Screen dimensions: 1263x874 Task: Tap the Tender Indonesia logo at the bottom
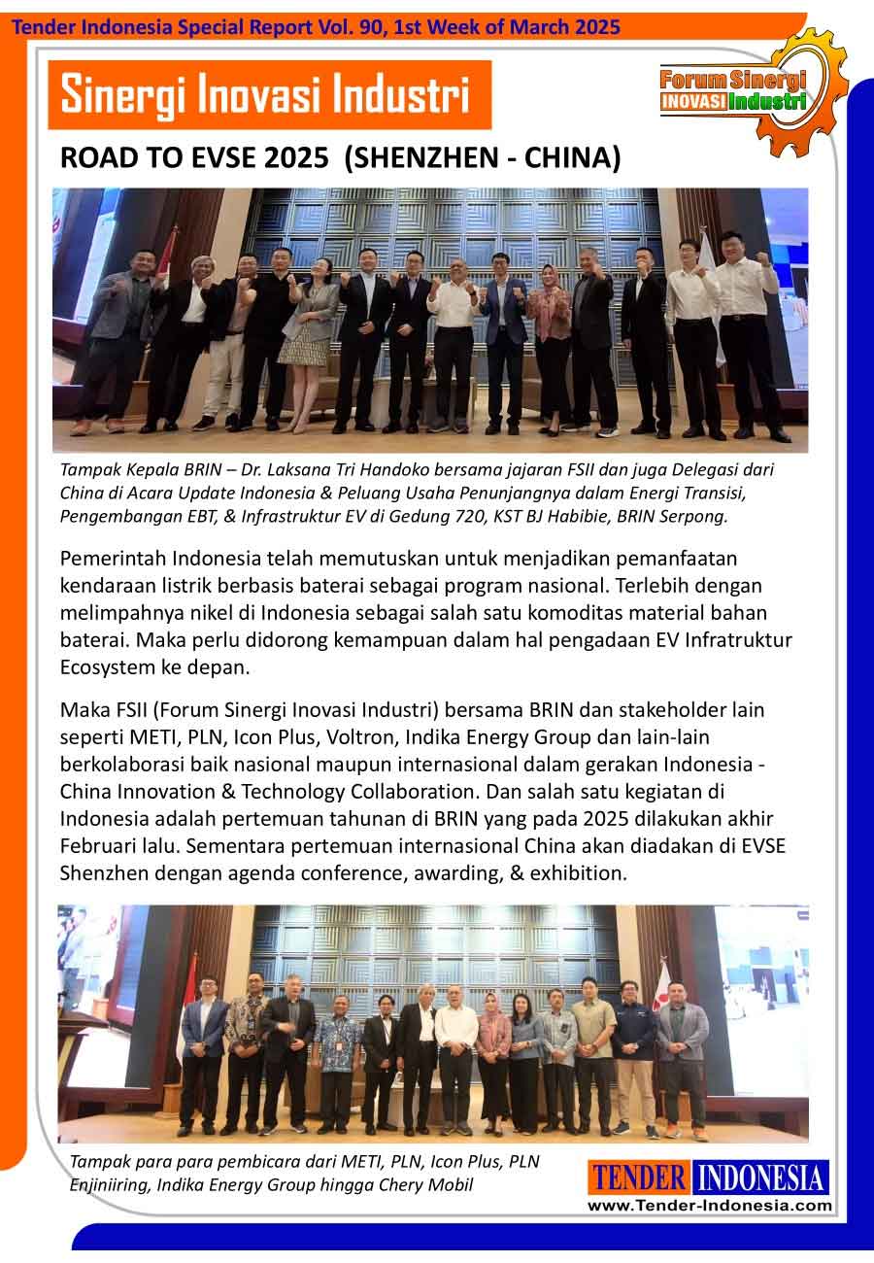(x=708, y=1178)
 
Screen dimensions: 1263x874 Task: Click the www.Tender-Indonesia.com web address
(x=708, y=1205)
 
